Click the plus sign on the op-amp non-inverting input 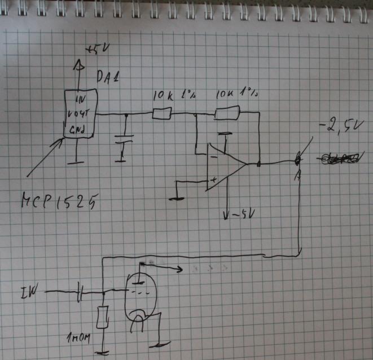pos(213,179)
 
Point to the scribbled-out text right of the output pos(339,159)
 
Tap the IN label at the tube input pos(27,292)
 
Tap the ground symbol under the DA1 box pos(76,163)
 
